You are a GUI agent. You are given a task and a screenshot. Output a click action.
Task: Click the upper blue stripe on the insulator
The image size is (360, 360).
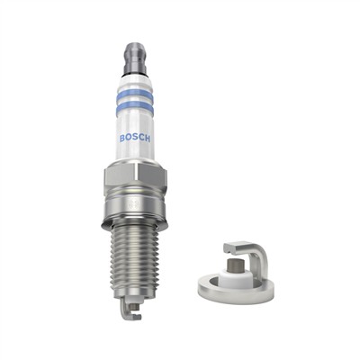[x=135, y=91]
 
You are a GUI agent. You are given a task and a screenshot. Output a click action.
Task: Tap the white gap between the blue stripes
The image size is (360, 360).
[x=135, y=99]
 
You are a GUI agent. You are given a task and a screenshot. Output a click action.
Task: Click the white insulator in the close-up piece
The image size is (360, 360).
[x=232, y=274]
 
